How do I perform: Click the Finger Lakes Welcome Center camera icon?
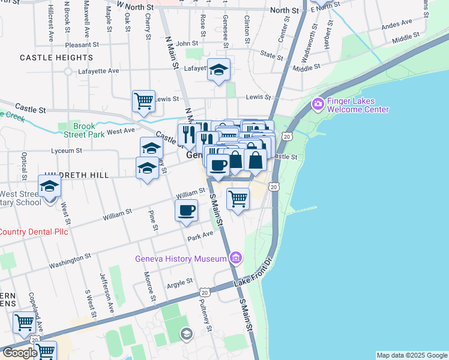tap(318, 104)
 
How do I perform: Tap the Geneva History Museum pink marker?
tap(236, 259)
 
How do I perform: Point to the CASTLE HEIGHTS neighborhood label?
tap(49, 58)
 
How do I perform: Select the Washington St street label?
tap(70, 259)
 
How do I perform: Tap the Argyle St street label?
tap(179, 282)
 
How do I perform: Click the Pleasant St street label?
tap(83, 44)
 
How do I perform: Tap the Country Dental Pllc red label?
tap(34, 232)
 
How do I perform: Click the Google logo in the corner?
tap(19, 353)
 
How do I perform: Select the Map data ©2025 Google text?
tap(412, 355)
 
